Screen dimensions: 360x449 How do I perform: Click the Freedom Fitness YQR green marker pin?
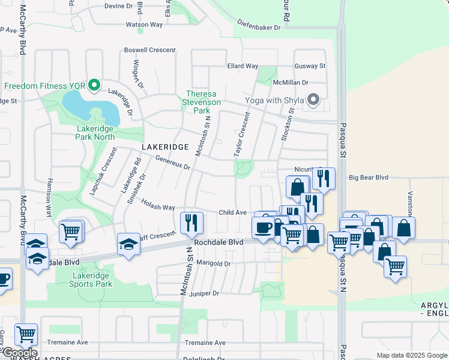94,86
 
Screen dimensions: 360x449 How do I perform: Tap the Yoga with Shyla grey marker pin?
313,100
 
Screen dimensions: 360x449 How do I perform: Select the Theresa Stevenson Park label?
205,102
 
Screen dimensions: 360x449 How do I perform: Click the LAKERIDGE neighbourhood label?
165,147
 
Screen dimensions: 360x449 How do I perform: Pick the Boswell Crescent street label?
149,50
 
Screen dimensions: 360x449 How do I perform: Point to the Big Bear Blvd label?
369,178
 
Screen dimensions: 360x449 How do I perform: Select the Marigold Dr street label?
213,263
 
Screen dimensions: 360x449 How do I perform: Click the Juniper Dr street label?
203,293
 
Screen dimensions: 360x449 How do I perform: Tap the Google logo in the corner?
20,353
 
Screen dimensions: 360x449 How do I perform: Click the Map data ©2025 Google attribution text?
412,355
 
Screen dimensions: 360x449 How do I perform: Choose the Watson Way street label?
144,25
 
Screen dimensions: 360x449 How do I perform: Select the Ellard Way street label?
243,66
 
